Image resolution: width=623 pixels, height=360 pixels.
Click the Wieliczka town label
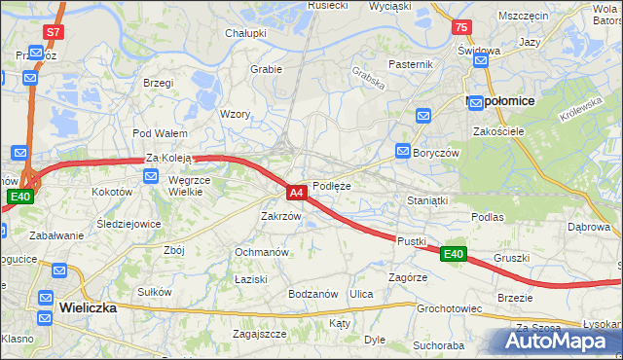pyautogui.click(x=88, y=306)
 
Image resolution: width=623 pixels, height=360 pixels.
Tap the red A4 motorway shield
pyautogui.click(x=298, y=193)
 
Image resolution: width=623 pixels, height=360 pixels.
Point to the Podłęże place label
pyautogui.click(x=331, y=186)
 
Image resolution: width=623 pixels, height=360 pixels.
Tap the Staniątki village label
pyautogui.click(x=425, y=200)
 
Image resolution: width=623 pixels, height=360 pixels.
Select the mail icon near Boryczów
pyautogui.click(x=403, y=151)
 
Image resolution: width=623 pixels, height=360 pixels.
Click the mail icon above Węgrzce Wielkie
pyautogui.click(x=151, y=176)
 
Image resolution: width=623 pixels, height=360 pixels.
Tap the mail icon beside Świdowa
pyautogui.click(x=480, y=61)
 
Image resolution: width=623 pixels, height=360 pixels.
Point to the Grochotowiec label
pyautogui.click(x=450, y=309)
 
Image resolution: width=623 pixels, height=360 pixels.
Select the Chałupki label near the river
pyautogui.click(x=246, y=33)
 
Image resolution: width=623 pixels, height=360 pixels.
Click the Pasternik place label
pyautogui.click(x=410, y=64)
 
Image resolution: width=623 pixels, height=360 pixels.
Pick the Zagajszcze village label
pyautogui.click(x=259, y=333)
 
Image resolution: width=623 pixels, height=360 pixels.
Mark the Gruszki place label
pyautogui.click(x=511, y=258)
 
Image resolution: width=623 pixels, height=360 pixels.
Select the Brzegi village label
pyautogui.click(x=157, y=83)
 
